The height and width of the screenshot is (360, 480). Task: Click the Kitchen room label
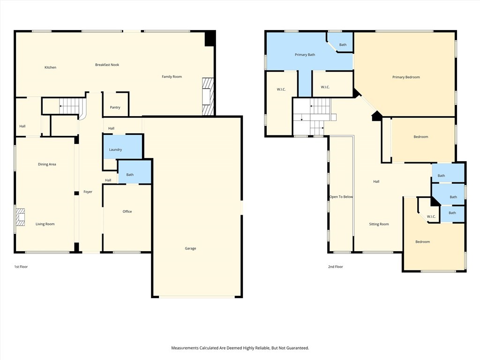coord(50,67)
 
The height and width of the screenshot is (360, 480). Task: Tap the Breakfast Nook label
coord(107,65)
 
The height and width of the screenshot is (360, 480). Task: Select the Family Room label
coord(172,76)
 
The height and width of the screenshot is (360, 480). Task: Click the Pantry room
coord(115,107)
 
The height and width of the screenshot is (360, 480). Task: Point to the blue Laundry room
coord(115,150)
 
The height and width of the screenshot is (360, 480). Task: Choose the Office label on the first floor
coord(127,211)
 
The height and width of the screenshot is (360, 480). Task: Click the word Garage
coord(190,248)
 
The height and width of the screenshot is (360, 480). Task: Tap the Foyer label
coord(88,192)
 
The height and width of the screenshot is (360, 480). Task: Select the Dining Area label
coord(47,164)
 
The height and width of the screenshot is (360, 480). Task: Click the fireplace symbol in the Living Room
coord(20,218)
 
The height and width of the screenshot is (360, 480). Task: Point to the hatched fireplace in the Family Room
coord(208,97)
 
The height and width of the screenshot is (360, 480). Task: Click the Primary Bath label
coord(305,55)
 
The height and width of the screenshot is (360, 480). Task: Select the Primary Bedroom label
coord(406,77)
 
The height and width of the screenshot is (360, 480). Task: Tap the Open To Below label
coord(341,197)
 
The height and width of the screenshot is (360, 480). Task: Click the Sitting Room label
coord(379,224)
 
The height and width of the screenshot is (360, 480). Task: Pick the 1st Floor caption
coord(21,267)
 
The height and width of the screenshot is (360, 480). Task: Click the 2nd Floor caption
coord(335,267)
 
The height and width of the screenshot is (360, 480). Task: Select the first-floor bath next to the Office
coord(130,174)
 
